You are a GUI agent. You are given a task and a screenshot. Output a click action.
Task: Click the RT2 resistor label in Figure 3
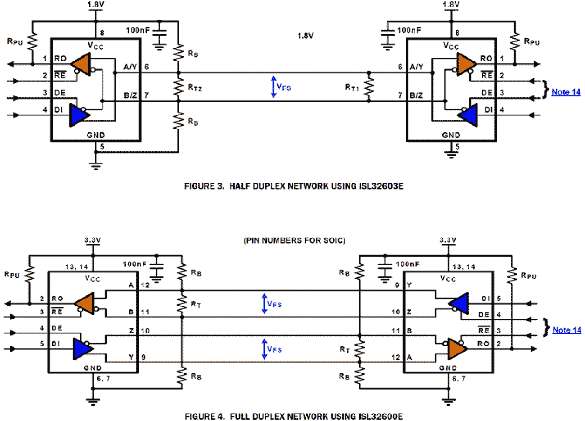coord(195,86)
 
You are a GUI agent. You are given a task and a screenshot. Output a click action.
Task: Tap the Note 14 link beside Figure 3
coord(566,92)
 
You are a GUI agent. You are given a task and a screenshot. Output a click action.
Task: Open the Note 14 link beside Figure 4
coord(567,330)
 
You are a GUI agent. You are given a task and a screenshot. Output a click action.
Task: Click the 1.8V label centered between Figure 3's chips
coord(306,35)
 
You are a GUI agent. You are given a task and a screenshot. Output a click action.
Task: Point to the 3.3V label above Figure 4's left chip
coord(94,241)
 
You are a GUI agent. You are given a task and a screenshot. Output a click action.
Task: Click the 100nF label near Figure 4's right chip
coord(408,264)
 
